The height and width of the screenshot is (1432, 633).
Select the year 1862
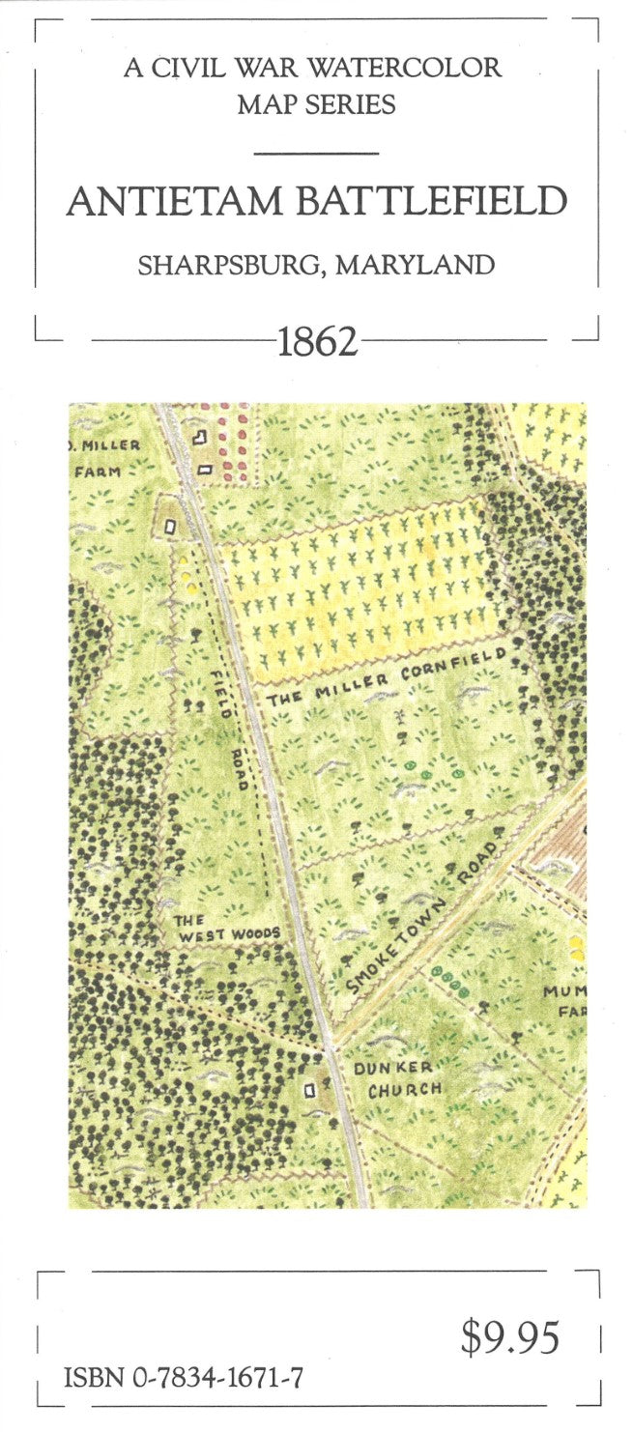pos(318,341)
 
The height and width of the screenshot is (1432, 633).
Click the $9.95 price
pos(510,1338)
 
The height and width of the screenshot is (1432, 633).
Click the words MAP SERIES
pos(316,104)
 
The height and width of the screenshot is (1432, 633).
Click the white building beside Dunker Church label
pos(310,1090)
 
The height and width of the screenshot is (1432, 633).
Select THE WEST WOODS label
pos(225,928)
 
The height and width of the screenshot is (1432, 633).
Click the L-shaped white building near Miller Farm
pos(200,438)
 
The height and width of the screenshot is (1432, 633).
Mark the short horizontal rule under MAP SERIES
pos(316,153)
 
